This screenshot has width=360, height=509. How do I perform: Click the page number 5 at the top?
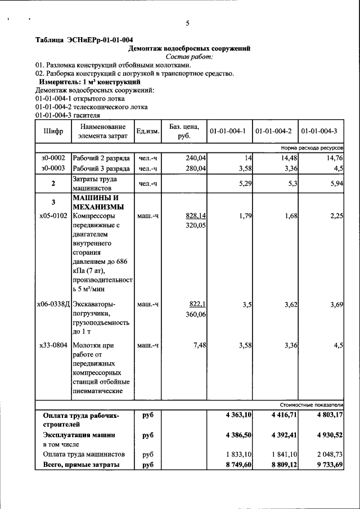[x=188, y=23]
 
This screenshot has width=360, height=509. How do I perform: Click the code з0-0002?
[x=53, y=158]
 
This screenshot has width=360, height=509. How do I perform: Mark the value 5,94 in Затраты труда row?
[x=335, y=183]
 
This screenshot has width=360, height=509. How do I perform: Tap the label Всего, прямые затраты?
[x=81, y=465]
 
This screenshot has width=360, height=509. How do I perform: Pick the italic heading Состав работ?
[x=189, y=57]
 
